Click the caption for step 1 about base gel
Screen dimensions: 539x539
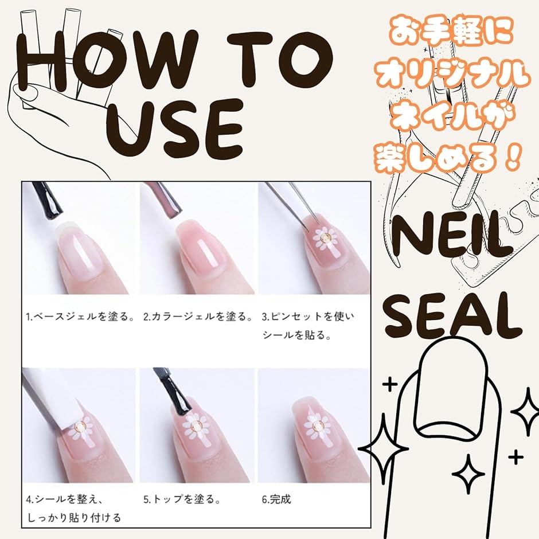(80, 317)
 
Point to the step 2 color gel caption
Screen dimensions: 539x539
(198, 317)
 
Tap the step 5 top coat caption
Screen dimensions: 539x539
(182, 499)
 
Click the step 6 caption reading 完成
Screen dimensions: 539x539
(276, 499)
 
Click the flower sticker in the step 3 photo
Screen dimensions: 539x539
(325, 238)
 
